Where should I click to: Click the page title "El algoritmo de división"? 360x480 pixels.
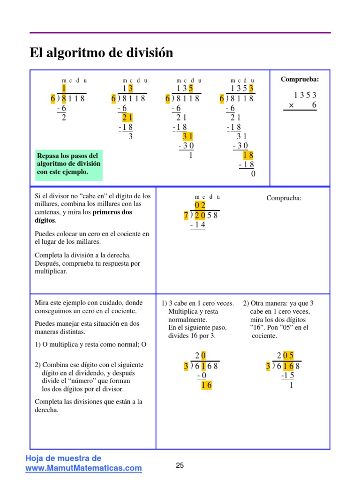[101, 53]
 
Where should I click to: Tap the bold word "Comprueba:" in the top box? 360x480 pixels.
[300, 79]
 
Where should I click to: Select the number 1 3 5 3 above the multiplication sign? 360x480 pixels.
[305, 95]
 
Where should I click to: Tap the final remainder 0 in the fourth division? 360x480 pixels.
[253, 174]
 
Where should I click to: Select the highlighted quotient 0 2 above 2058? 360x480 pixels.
[200, 206]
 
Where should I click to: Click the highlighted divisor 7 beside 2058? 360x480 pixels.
[186, 216]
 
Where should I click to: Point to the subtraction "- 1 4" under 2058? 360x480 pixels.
[197, 225]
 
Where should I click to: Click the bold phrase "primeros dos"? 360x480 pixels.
[112, 212]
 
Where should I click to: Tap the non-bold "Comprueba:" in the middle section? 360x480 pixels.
[284, 198]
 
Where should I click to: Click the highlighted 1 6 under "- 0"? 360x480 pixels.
[206, 385]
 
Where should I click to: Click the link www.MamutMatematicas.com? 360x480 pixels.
[83, 468]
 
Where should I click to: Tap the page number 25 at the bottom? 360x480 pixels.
[180, 465]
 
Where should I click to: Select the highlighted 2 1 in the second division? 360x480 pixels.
[127, 118]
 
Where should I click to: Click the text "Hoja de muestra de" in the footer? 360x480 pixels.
[63, 458]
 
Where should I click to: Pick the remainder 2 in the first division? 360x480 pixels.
[64, 118]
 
